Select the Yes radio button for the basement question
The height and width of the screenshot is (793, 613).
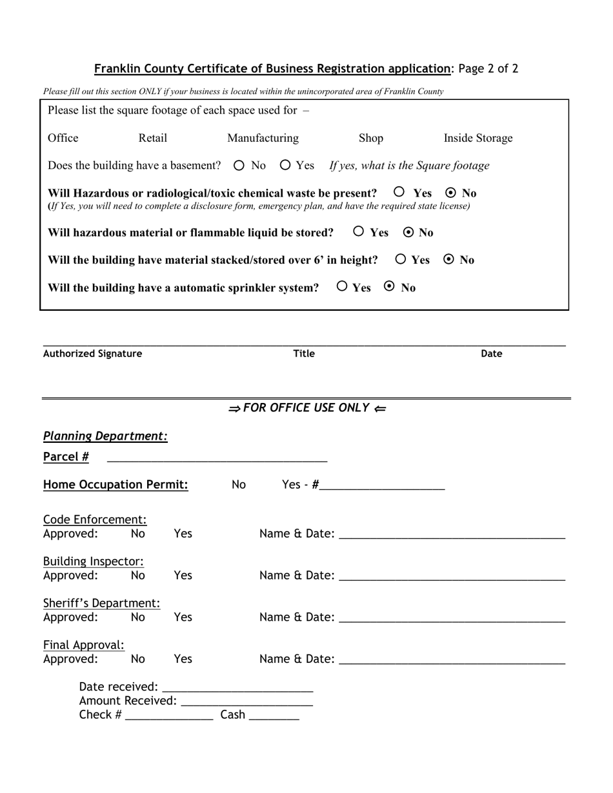tap(286, 166)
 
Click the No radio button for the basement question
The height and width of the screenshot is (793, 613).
tap(239, 166)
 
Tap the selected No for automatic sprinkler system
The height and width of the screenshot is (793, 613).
tap(389, 287)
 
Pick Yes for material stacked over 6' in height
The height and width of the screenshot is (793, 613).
tap(401, 259)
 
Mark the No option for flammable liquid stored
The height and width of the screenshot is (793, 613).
tap(408, 232)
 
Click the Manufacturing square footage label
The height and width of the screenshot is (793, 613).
tap(263, 138)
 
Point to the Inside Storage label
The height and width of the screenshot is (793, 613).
tap(477, 138)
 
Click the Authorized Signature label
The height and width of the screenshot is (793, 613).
tap(92, 353)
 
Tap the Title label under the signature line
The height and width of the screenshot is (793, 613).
tap(304, 353)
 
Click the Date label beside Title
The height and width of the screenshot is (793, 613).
tap(491, 353)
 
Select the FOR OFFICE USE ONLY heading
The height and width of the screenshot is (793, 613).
tap(306, 408)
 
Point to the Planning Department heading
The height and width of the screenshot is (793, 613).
tap(105, 436)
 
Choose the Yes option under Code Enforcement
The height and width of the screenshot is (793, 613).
tap(183, 534)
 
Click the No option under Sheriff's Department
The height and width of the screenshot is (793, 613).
tap(138, 618)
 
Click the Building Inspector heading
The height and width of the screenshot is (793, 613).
tap(94, 562)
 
